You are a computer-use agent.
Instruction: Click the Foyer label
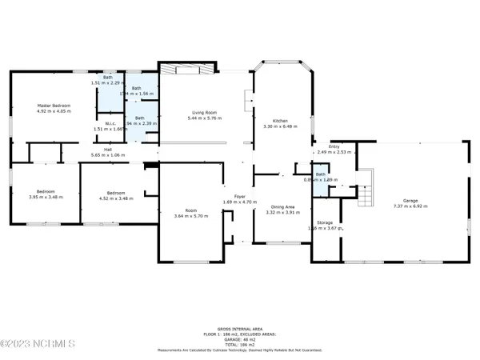pyautogui.click(x=238, y=196)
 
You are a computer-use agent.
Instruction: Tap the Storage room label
pyautogui.click(x=325, y=223)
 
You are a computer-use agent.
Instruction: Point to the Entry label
pyautogui.click(x=324, y=146)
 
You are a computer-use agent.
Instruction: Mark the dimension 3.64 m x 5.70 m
pyautogui.click(x=191, y=216)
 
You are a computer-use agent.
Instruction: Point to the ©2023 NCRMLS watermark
pyautogui.click(x=38, y=345)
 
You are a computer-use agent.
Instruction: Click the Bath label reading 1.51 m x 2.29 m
pyautogui.click(x=108, y=78)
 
